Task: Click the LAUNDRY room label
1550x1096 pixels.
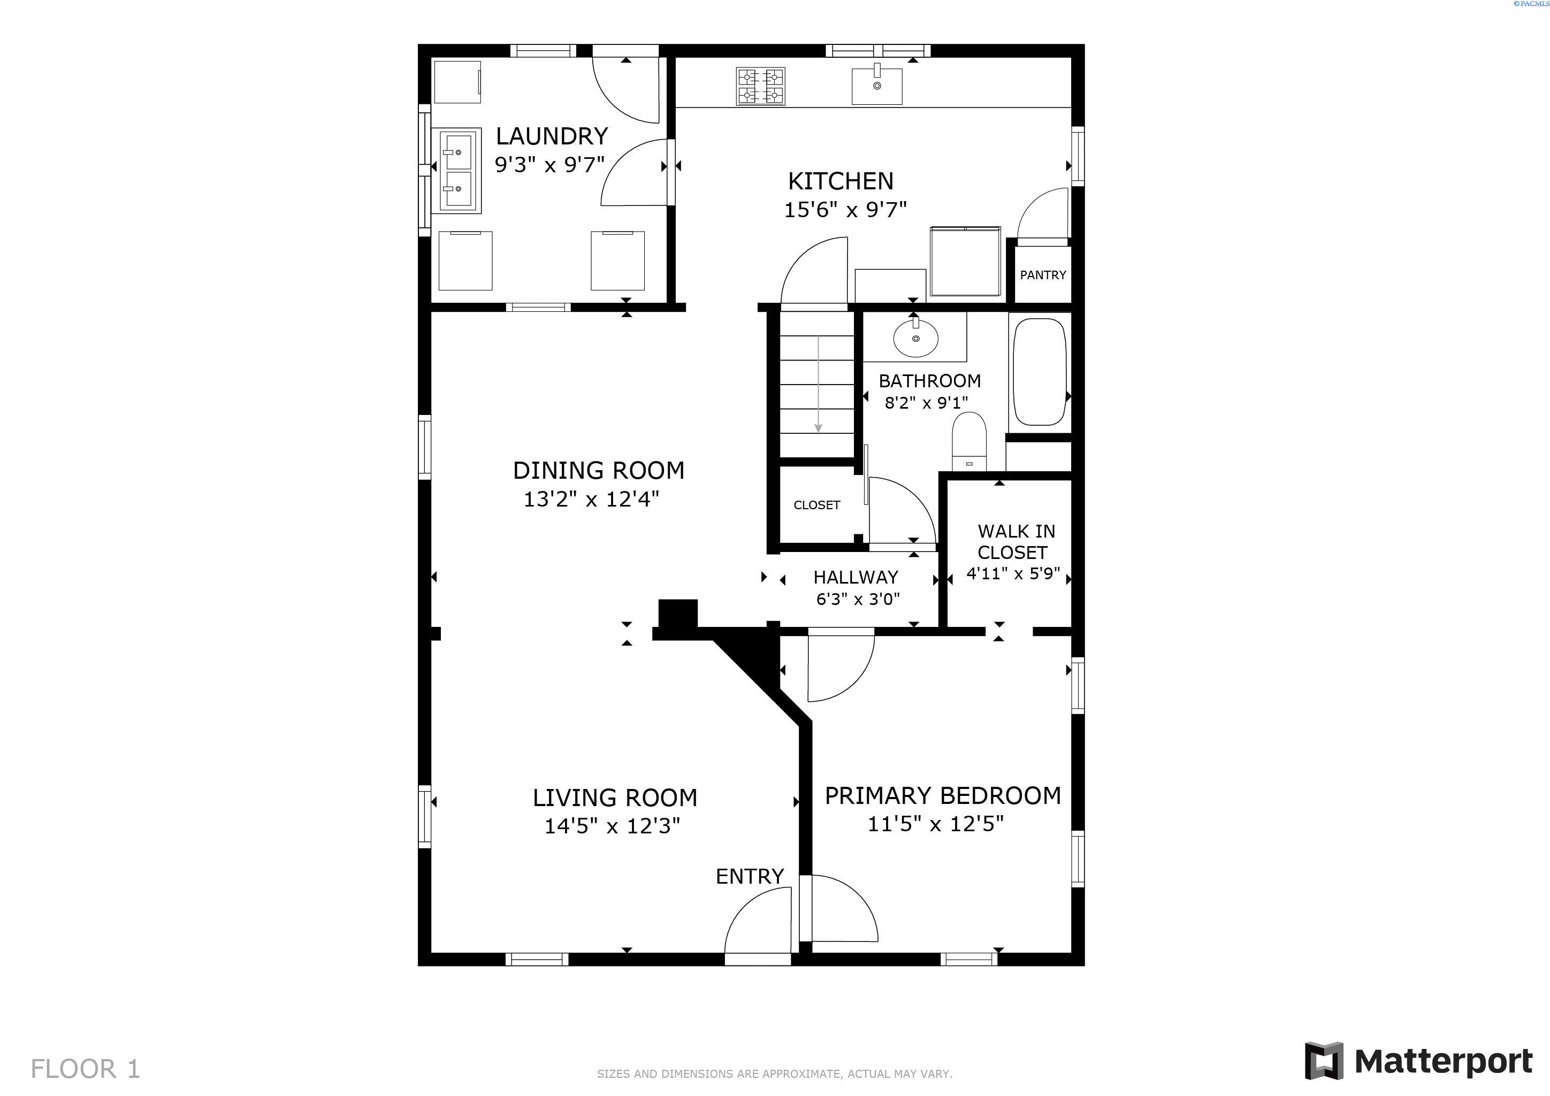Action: pyautogui.click(x=552, y=136)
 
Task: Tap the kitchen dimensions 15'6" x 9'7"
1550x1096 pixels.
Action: pyautogui.click(x=844, y=210)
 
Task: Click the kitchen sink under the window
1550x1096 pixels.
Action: pyautogui.click(x=876, y=86)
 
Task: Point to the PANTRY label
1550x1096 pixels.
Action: pyautogui.click(x=1042, y=275)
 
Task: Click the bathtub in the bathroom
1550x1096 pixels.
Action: pyautogui.click(x=1040, y=372)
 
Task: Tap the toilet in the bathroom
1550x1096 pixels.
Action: pyautogui.click(x=969, y=441)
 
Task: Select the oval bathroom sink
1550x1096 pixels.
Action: pyautogui.click(x=915, y=338)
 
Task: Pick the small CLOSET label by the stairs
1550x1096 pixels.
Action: pyautogui.click(x=816, y=505)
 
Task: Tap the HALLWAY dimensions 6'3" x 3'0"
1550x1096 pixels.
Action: pyautogui.click(x=857, y=599)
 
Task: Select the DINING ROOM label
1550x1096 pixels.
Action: pyautogui.click(x=598, y=470)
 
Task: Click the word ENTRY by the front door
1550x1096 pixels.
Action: pyautogui.click(x=750, y=876)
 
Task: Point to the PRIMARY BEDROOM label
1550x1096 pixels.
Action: pyautogui.click(x=942, y=796)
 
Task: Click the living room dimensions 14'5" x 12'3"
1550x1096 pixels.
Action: pyautogui.click(x=612, y=826)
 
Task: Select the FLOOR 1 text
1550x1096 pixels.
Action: pyautogui.click(x=85, y=1069)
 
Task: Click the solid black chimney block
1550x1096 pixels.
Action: pyautogui.click(x=678, y=614)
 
